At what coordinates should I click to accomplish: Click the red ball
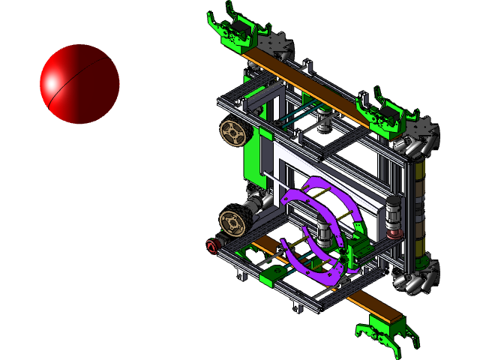(x=79, y=83)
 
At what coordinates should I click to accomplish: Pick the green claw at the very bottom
(x=384, y=333)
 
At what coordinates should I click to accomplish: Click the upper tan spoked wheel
(x=233, y=134)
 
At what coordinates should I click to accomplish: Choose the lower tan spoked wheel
(x=232, y=222)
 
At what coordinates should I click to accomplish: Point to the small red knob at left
(x=211, y=245)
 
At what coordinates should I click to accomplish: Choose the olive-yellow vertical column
(x=418, y=202)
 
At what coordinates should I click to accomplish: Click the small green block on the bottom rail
(x=269, y=280)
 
